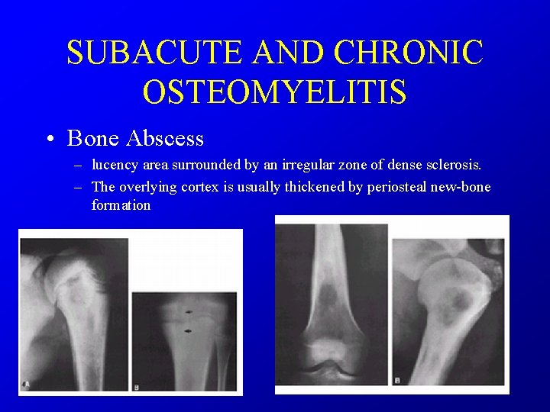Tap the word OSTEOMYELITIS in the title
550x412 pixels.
coord(274,92)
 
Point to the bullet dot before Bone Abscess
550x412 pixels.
coord(49,140)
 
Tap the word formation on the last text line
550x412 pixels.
coord(121,206)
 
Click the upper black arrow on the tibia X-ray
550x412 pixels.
coord(187,313)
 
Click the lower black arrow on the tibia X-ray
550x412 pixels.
coord(187,330)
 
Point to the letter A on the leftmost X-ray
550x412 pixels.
coord(26,382)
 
